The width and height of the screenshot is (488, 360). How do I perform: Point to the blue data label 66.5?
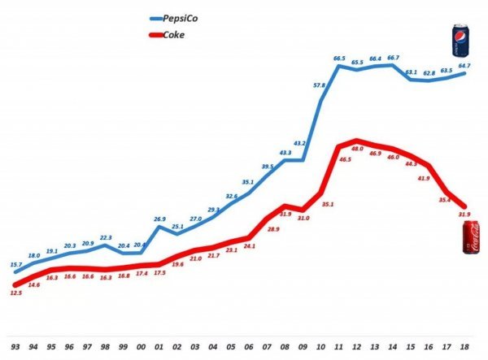[x=341, y=59]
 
